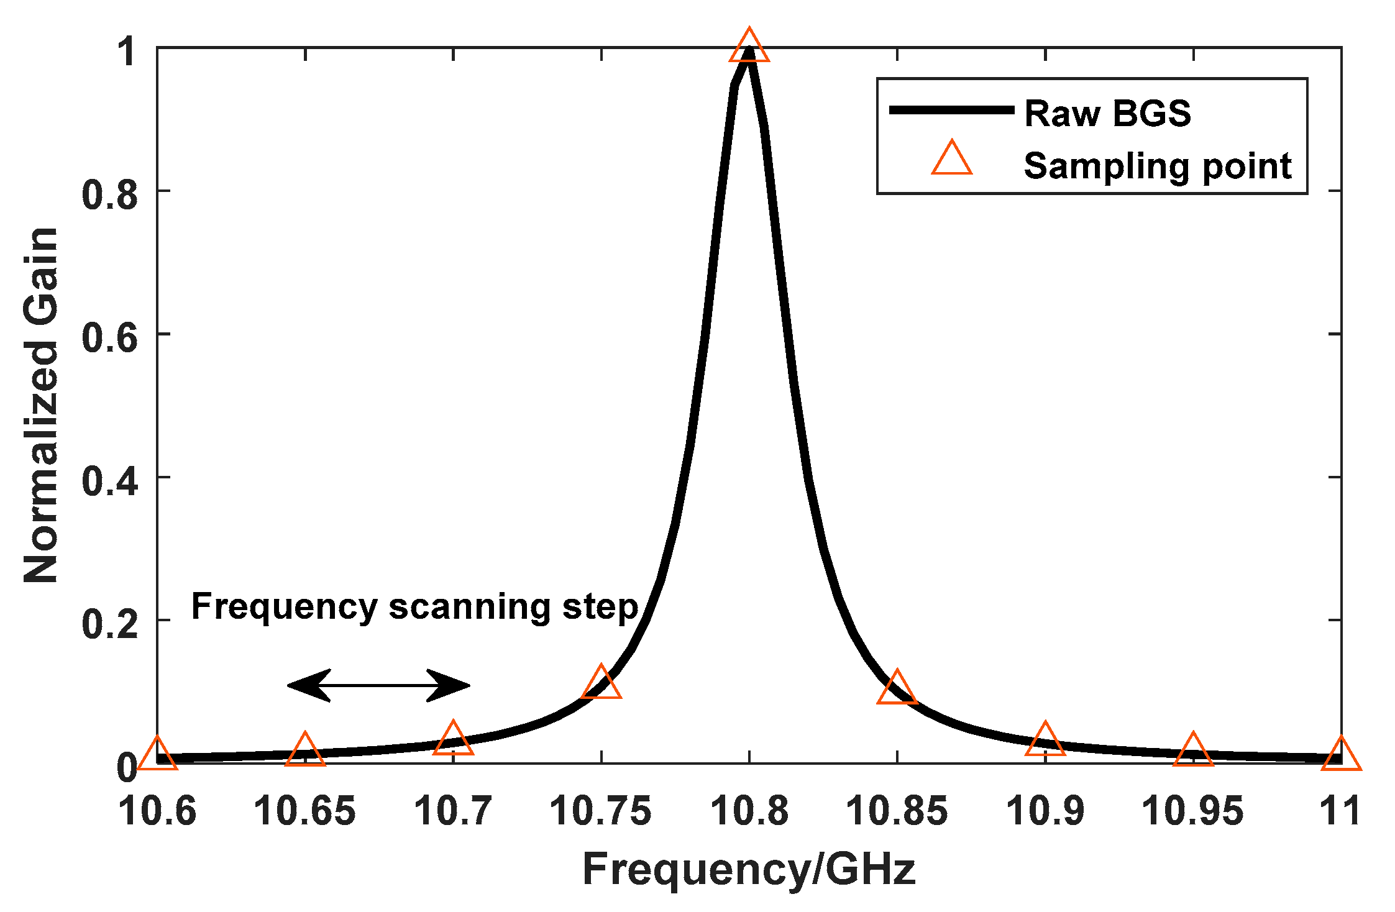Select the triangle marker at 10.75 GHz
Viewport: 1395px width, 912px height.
(601, 684)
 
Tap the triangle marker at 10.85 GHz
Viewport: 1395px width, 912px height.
(897, 690)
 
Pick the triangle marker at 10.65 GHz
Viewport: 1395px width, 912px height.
(304, 751)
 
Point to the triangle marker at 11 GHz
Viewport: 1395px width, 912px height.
(1341, 756)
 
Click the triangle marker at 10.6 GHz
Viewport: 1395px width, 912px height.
(157, 756)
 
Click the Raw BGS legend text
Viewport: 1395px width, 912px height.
(1107, 114)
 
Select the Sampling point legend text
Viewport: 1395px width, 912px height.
(1158, 166)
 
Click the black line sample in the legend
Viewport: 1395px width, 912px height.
(951, 110)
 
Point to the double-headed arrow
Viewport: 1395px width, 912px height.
(378, 686)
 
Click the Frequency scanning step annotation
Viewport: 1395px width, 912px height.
(414, 607)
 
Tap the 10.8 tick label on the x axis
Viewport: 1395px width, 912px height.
(749, 811)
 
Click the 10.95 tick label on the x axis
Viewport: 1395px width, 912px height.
(1192, 811)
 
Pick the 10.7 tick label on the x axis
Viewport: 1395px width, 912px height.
(453, 811)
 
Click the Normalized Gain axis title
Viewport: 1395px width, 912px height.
(41, 405)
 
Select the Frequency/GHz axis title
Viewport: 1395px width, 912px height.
(749, 869)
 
